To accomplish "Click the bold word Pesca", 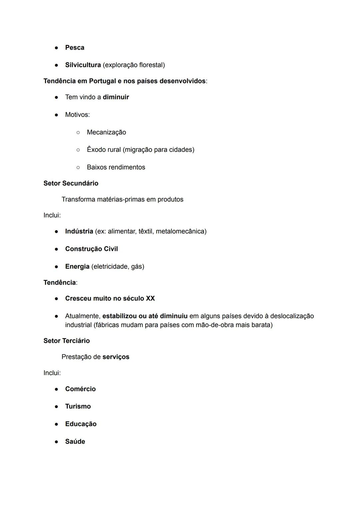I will tap(75, 48).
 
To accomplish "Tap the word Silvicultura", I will tap(83, 65).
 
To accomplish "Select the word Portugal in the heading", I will tap(102, 81).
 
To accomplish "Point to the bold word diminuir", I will tap(116, 97).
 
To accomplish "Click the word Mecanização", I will tap(106, 132).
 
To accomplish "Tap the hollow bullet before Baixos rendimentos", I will tap(78, 167).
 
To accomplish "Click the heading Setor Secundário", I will tap(71, 183).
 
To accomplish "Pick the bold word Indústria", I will tap(79, 231).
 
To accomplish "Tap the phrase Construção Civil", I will tap(91, 249).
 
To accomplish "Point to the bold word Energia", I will tap(77, 266).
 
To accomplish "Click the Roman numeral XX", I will tap(150, 298).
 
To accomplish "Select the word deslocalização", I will tap(292, 316).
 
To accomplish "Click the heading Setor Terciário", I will tap(66, 341).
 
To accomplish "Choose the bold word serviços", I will tap(116, 357).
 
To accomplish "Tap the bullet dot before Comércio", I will tap(57, 389).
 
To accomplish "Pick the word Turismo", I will tap(78, 406).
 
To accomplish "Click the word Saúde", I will tap(75, 441).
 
